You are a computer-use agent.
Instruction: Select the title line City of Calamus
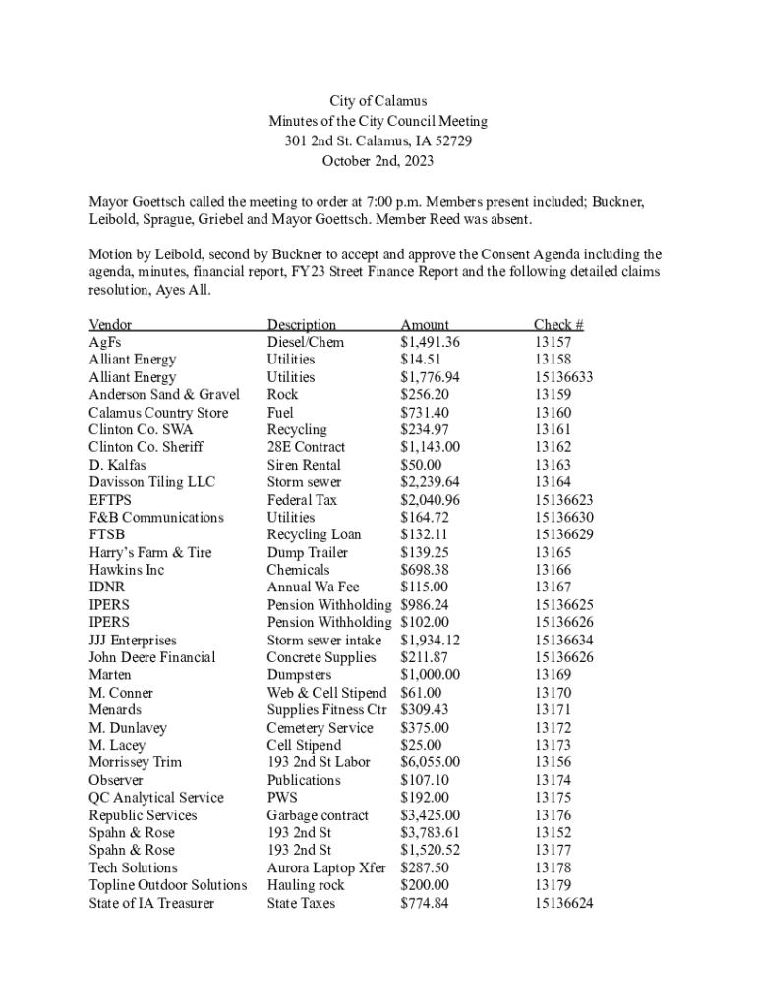click(378, 101)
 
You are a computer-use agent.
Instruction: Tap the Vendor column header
click(110, 325)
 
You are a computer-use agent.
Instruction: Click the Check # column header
click(558, 325)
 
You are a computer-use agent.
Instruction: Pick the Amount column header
click(425, 325)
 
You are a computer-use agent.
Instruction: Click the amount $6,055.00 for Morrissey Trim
click(430, 762)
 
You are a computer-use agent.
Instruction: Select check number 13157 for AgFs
click(552, 343)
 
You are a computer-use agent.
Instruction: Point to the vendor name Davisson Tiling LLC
click(152, 482)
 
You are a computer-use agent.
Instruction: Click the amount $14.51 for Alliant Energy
click(421, 360)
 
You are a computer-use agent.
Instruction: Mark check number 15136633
click(563, 377)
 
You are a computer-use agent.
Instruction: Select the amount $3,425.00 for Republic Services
click(430, 815)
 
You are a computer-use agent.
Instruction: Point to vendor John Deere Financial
click(152, 657)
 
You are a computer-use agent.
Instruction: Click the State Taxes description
click(301, 903)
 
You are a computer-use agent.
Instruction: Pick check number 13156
click(552, 762)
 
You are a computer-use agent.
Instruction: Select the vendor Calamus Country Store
click(158, 413)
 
